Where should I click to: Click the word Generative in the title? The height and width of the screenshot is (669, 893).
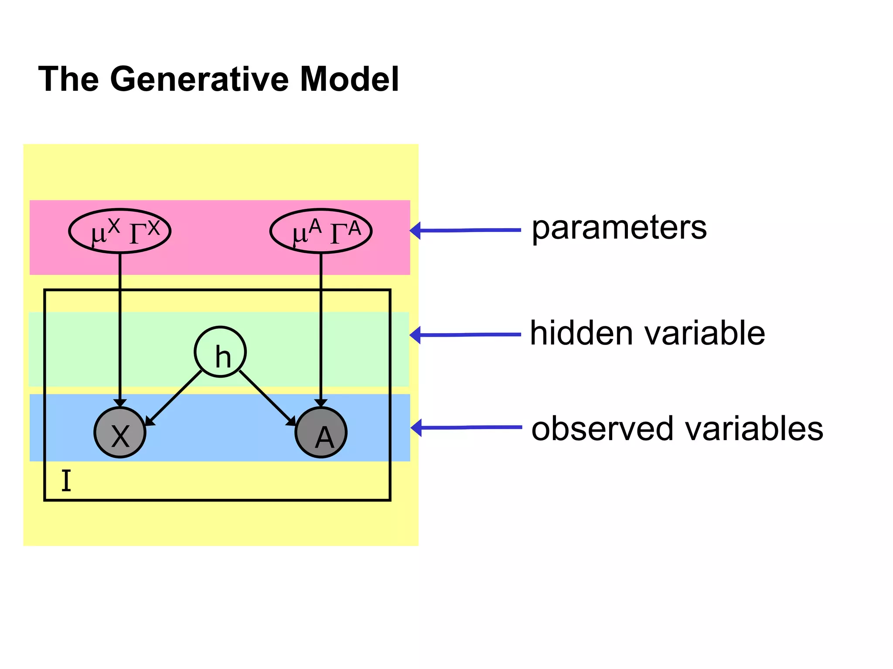tap(200, 79)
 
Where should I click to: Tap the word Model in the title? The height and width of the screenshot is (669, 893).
tap(350, 79)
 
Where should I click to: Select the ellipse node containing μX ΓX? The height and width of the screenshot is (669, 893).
tap(120, 231)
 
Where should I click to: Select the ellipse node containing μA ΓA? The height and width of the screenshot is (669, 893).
tap(321, 231)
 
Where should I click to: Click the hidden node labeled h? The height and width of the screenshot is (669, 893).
tap(220, 352)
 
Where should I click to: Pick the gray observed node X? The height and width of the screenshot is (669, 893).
tap(120, 433)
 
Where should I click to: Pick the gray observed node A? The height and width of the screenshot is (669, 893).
tap(321, 433)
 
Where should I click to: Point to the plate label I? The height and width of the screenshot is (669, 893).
tap(66, 481)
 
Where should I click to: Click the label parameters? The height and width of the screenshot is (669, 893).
tap(619, 228)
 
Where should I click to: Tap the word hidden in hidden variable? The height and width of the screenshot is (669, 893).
tap(581, 333)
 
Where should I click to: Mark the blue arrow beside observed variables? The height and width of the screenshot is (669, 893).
tap(467, 428)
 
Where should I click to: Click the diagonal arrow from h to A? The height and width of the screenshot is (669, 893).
tap(267, 398)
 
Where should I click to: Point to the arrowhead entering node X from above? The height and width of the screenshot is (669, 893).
tap(120, 403)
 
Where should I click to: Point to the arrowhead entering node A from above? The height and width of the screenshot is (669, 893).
tap(321, 403)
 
